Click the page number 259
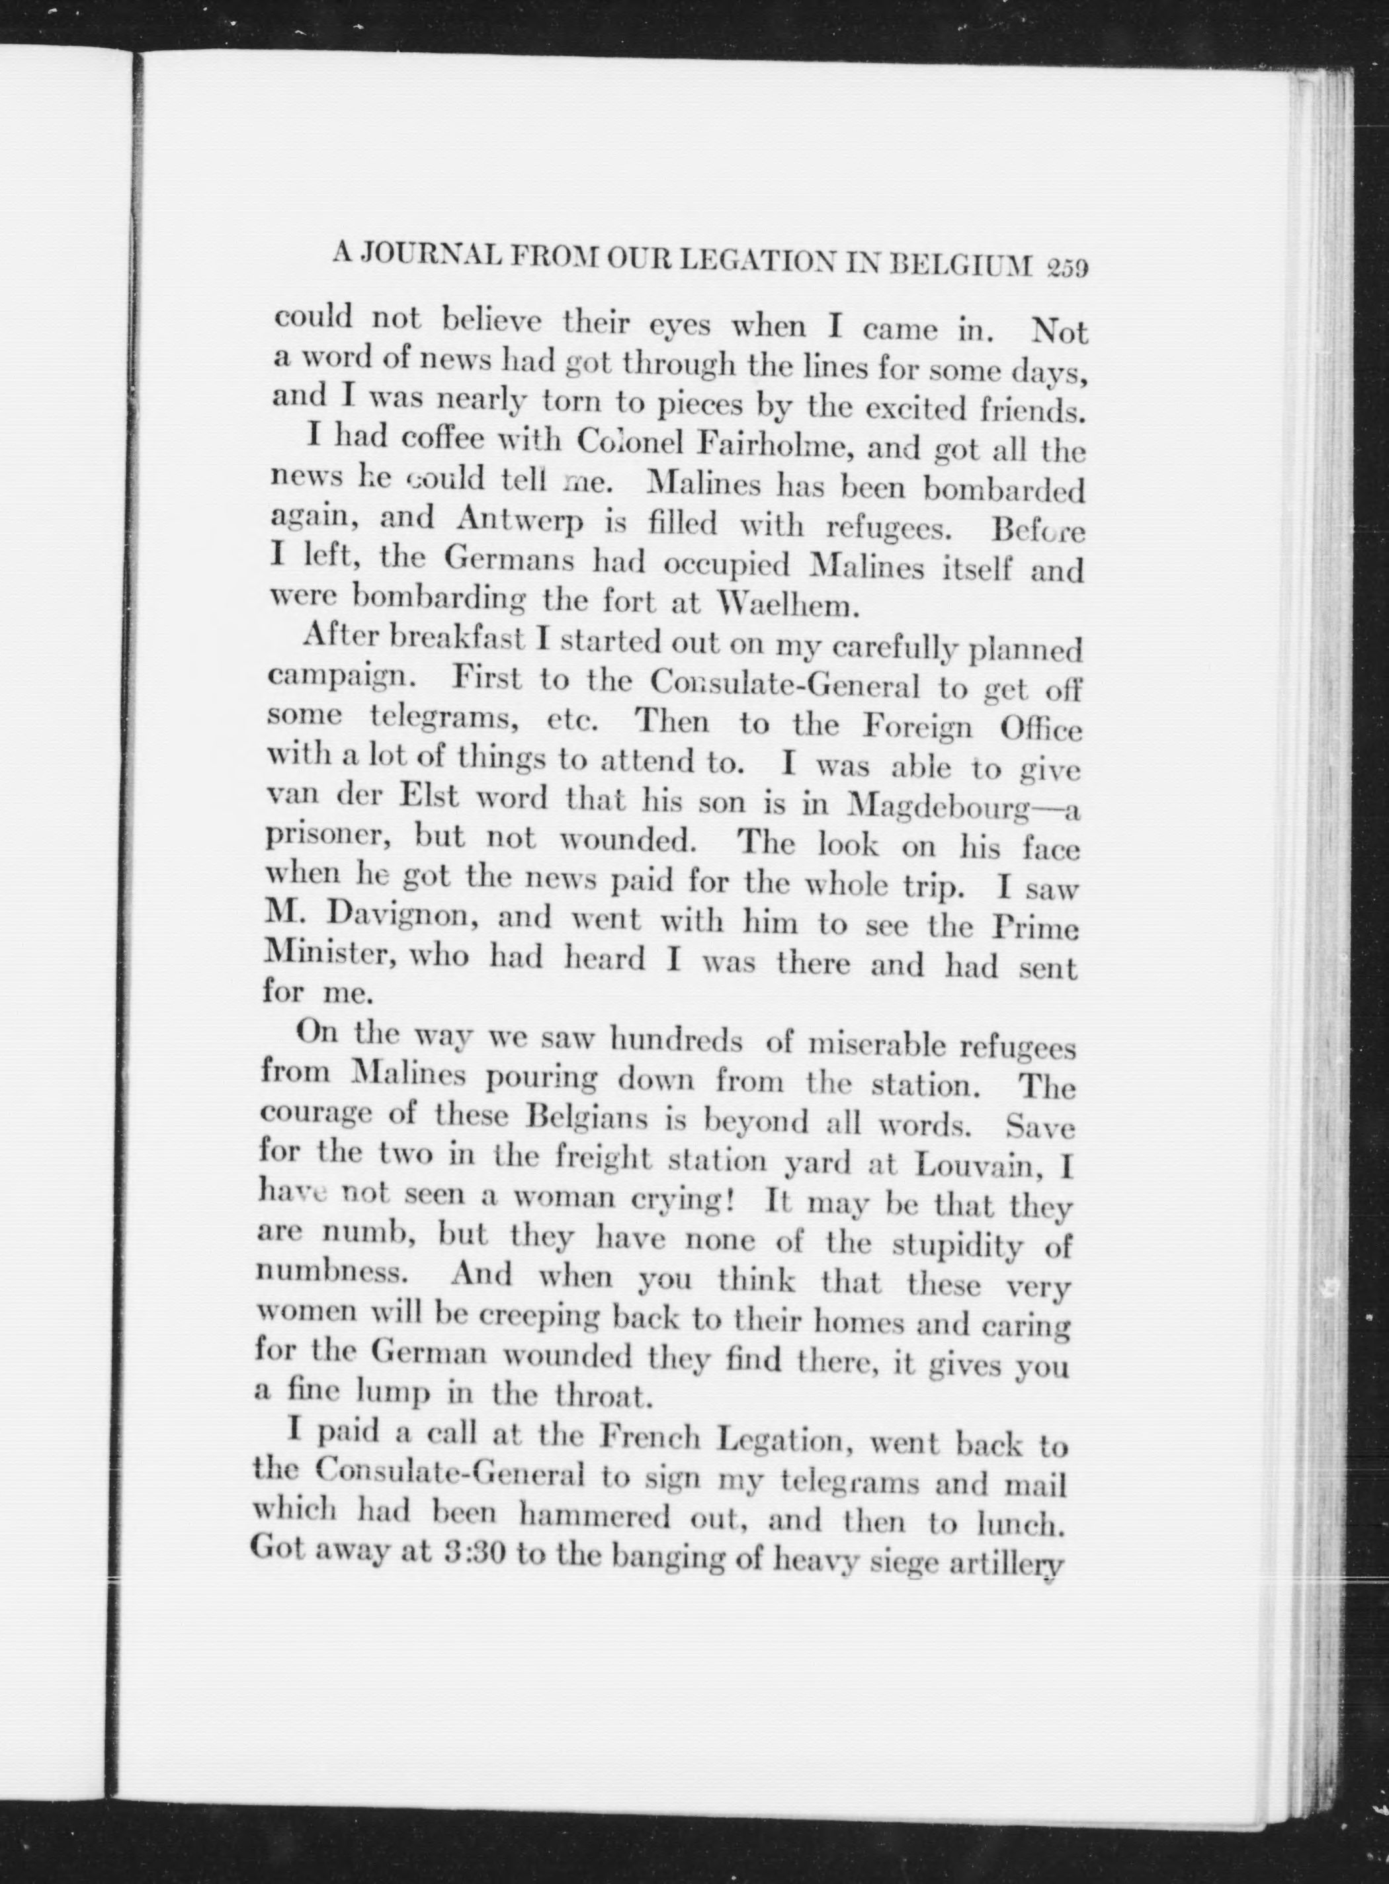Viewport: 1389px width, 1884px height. coord(1066,268)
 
